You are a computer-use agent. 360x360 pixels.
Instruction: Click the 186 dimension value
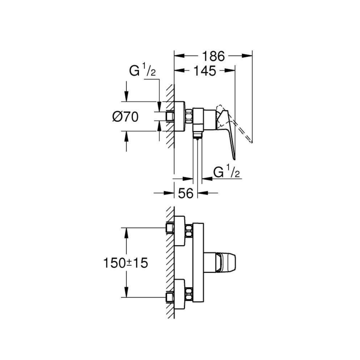[214, 56]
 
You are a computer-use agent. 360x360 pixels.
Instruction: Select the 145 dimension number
[204, 72]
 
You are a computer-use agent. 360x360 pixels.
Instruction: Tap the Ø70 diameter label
[125, 117]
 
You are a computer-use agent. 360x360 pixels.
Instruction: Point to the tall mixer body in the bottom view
[198, 262]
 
